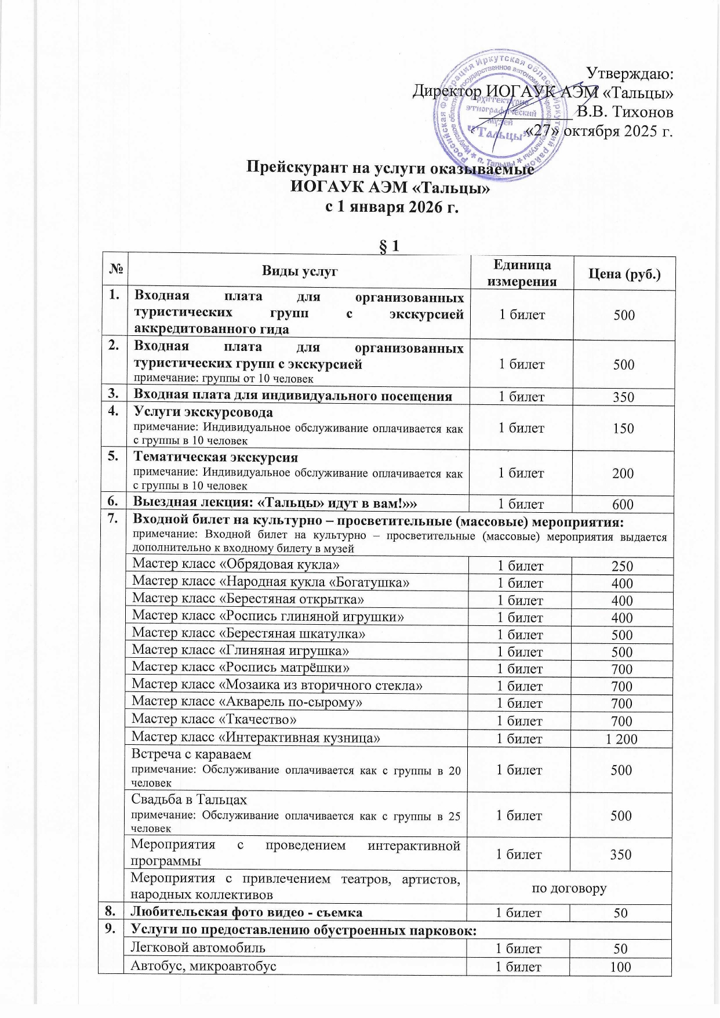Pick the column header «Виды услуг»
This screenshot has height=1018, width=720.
pyautogui.click(x=299, y=271)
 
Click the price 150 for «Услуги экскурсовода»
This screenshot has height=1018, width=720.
pyautogui.click(x=623, y=429)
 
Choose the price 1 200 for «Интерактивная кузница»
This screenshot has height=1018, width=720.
pyautogui.click(x=621, y=739)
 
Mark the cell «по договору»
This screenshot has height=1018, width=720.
pyautogui.click(x=569, y=888)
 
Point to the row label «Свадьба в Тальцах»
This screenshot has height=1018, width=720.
pyautogui.click(x=189, y=800)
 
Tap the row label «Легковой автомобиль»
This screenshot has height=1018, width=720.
pyautogui.click(x=199, y=948)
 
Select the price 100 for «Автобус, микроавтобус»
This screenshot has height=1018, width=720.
pyautogui.click(x=621, y=966)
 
